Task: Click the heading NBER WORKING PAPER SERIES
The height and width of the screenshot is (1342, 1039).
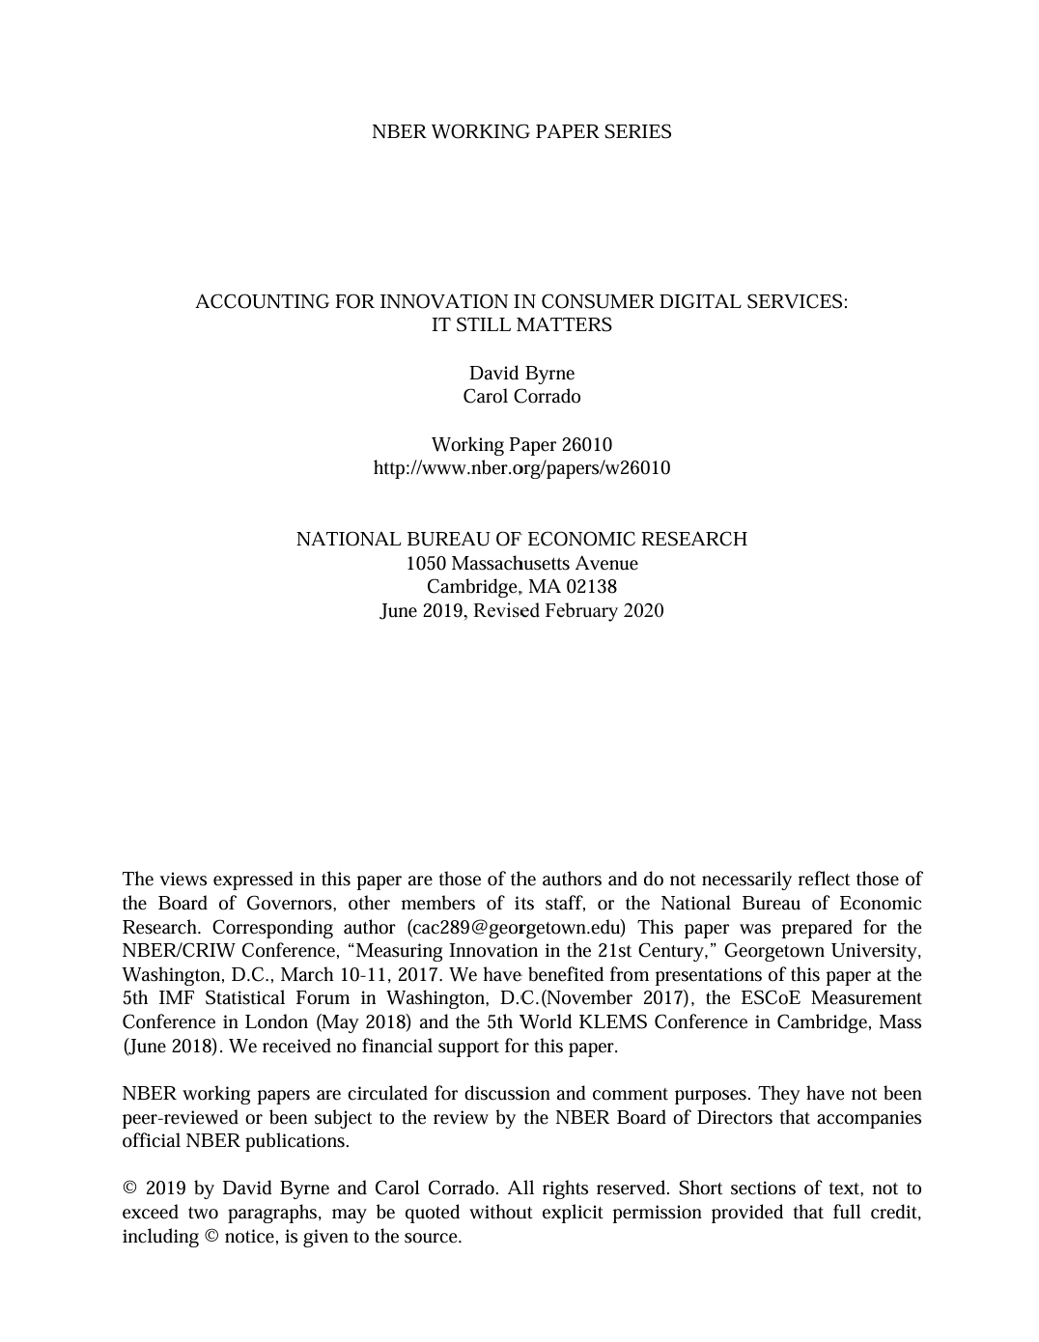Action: click(521, 132)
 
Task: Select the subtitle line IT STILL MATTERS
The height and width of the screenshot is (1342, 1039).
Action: click(521, 325)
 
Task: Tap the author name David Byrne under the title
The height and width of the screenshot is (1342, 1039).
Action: click(521, 373)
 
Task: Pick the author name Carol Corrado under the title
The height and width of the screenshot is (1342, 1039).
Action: click(521, 396)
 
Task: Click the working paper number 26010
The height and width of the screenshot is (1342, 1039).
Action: click(586, 444)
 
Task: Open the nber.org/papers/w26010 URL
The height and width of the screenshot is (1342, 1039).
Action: click(521, 468)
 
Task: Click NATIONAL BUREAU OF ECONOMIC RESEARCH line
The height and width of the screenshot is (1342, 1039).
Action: click(521, 540)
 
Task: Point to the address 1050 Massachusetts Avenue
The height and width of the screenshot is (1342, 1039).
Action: click(521, 563)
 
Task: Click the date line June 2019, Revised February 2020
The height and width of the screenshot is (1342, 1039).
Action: click(521, 610)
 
